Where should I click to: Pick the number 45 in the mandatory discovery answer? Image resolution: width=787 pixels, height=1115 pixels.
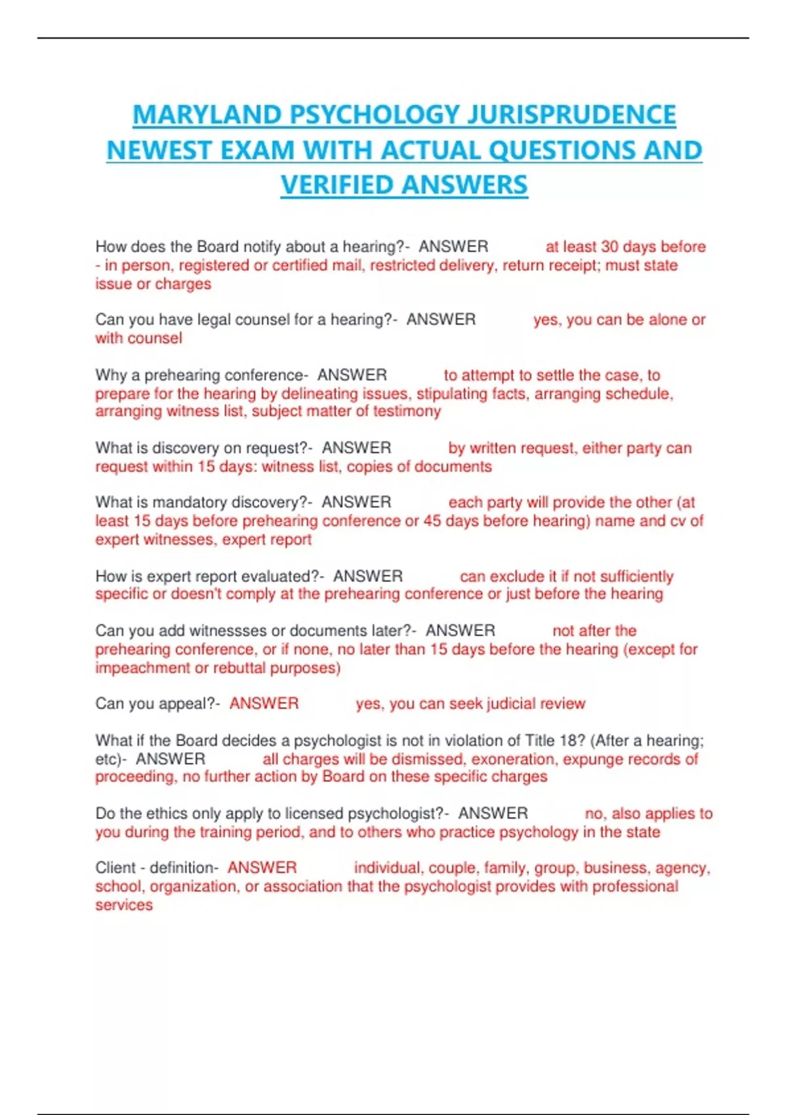pos(432,521)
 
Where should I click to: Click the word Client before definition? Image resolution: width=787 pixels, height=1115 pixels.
pos(115,868)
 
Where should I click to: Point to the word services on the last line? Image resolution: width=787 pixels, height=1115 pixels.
pos(124,905)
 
